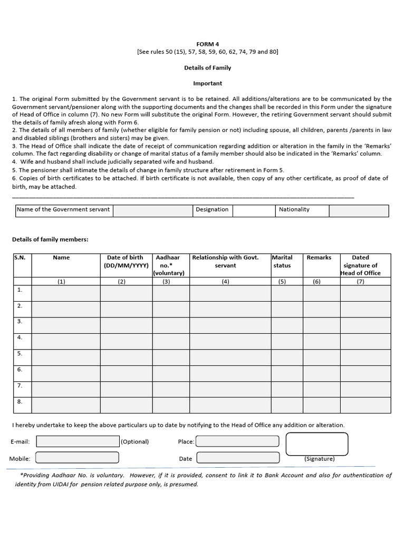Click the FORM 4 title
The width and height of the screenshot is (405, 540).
coord(207,44)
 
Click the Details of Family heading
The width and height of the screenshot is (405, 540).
coord(207,67)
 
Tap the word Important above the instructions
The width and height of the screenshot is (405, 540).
coord(207,83)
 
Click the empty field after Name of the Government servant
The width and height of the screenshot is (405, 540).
coord(153,210)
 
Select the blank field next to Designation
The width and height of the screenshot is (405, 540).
coord(255,210)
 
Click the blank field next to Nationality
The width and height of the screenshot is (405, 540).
coord(359,210)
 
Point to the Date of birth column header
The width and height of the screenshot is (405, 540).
coord(125,262)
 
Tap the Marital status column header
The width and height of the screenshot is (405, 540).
coord(282,262)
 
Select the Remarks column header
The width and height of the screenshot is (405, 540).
coord(319,258)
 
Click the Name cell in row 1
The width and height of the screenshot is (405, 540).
coord(66,293)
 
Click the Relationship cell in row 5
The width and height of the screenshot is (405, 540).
coord(230,357)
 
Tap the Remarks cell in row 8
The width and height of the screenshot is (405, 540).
coord(321,405)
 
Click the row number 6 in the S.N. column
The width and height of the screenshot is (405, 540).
coord(20,370)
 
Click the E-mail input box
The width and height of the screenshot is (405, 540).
coord(78,441)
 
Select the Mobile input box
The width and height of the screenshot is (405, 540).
coord(78,458)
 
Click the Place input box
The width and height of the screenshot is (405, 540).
coord(237,441)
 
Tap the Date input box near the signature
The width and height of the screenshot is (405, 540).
coord(237,458)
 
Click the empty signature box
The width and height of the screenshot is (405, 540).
coord(317,443)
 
